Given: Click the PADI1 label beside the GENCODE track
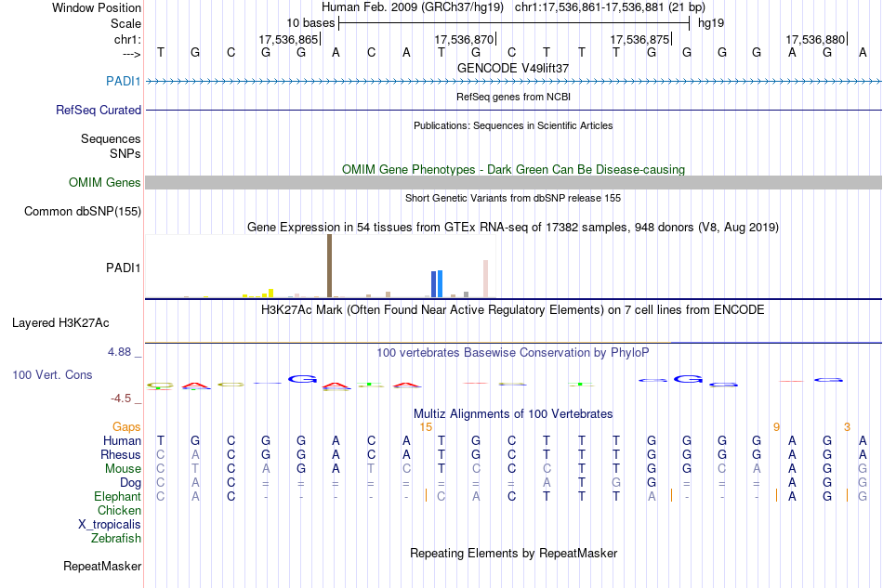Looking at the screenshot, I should coord(125,81).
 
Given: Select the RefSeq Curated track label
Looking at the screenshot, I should coord(99,110).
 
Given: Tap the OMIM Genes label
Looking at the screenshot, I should coord(105,183).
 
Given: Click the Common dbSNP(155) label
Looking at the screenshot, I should coord(83,212).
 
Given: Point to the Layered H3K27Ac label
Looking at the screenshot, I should coord(60,323).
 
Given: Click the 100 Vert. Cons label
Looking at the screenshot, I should coord(52,374).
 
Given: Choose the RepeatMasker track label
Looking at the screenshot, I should coord(102,566).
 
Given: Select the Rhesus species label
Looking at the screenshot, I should coord(121,455).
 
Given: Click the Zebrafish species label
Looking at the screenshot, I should coord(116,538).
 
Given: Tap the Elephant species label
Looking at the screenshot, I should coord(117,497).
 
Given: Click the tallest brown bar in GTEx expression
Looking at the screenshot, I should coord(329,266).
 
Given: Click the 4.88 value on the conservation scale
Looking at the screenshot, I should coord(120,352).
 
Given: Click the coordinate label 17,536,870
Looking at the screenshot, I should coord(464,39).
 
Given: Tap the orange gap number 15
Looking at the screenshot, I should coord(426,427).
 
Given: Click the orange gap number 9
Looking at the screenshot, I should coord(776,427).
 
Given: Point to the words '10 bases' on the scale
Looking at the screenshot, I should coord(310,21).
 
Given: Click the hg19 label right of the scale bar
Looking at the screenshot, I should coord(711,21).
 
